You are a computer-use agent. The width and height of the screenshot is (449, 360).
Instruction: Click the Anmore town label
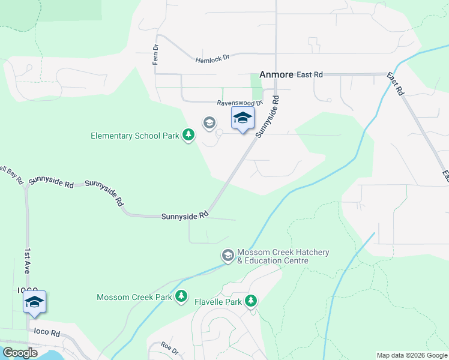276,75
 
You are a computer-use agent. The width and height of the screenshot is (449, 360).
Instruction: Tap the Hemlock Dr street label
213,59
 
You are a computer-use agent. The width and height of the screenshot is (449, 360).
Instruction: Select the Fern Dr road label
155,55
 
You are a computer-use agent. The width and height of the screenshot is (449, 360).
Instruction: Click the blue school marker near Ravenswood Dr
243,118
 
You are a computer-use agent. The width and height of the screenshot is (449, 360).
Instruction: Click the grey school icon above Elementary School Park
209,123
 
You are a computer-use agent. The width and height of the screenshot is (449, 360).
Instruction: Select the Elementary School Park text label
135,136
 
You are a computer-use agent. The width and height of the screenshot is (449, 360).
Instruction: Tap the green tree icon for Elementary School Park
188,135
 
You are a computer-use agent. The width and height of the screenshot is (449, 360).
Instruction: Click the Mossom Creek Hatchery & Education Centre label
283,256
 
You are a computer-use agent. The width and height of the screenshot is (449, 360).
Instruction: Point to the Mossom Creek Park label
134,297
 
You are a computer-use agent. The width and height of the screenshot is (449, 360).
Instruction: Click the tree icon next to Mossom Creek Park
181,296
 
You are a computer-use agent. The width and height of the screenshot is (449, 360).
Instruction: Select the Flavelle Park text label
218,301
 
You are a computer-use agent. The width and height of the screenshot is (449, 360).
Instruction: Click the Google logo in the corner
19,353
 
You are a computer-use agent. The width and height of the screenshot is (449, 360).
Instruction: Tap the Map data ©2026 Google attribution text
411,355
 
